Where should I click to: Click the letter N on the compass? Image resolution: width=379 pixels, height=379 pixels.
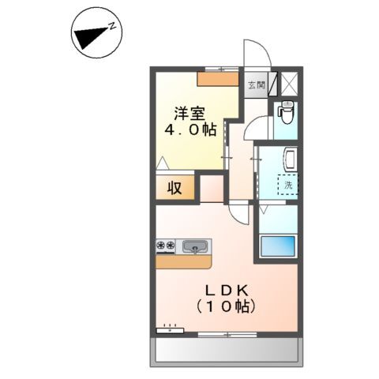pos(112,25)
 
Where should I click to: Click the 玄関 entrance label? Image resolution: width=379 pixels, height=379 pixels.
pos(257,85)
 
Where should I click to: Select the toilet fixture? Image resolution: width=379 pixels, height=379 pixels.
pos(286,113)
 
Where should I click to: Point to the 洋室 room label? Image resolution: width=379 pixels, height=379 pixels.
pos(189,114)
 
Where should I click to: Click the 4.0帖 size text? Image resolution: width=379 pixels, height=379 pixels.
pos(190,129)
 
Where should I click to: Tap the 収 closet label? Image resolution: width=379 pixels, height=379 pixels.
pos(174,188)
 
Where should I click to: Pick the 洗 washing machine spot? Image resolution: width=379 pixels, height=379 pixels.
pos(288,185)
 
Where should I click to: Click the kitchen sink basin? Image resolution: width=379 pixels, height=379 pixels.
pos(194,246)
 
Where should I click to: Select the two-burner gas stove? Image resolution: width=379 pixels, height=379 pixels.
pos(166,246)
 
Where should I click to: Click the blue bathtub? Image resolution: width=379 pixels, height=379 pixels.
pos(277,246)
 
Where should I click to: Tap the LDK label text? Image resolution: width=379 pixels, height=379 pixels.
pos(227,291)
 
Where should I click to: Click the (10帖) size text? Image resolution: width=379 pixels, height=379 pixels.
pos(226,306)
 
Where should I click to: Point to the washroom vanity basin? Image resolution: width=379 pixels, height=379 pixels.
pos(291,159)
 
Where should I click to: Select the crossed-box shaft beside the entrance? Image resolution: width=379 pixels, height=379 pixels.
pos(289,84)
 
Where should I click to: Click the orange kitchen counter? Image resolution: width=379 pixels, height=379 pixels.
pos(184,261)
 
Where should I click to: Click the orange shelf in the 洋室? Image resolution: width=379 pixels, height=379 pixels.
pos(218,79)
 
